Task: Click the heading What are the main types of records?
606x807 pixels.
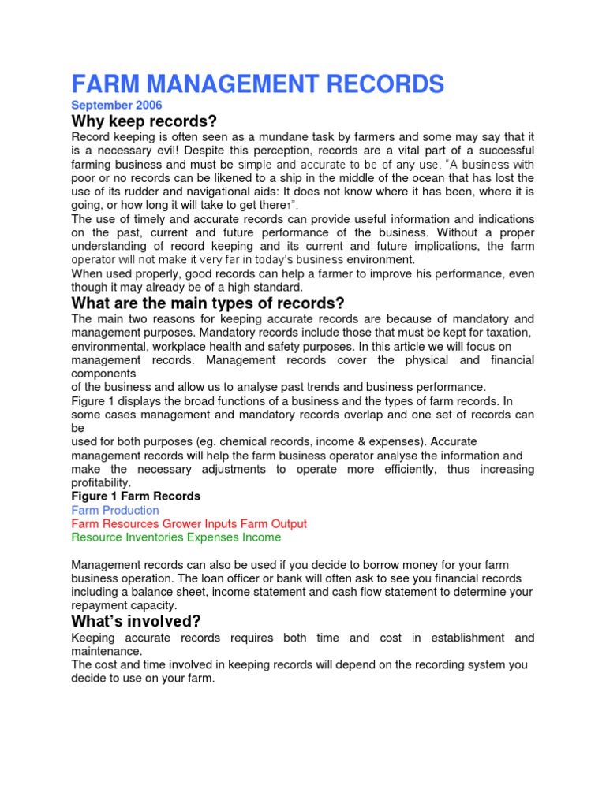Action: tap(209, 303)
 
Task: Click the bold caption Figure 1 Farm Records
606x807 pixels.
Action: tap(136, 496)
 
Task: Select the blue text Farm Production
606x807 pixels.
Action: tap(115, 510)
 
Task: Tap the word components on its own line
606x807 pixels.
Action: tap(104, 373)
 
